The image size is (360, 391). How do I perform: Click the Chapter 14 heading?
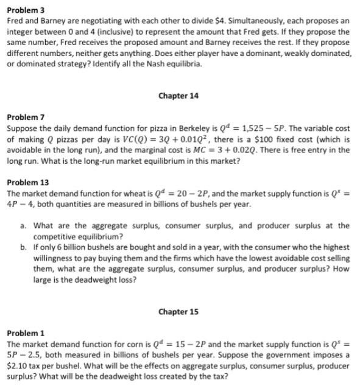click(178, 96)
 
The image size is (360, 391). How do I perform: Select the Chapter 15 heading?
click(178, 312)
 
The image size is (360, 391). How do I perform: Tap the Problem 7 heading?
click(24, 117)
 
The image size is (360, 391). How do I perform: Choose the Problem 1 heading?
click(24, 333)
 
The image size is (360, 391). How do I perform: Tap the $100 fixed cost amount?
click(278, 139)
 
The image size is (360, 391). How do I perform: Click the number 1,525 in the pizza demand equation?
click(242, 129)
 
